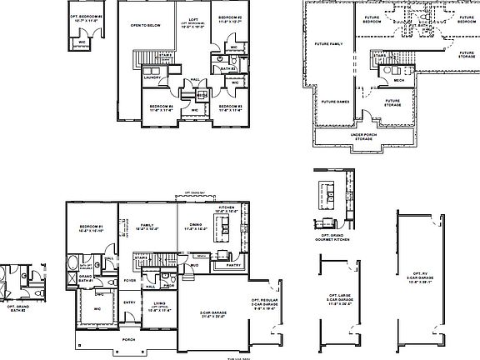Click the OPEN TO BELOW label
point(144,25)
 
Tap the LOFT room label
point(192,20)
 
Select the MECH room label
point(399,81)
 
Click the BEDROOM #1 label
point(90,227)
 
